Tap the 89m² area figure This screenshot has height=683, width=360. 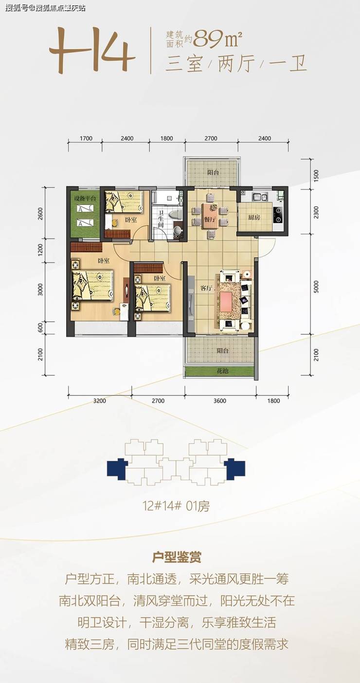217,39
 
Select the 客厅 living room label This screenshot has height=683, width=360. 206,288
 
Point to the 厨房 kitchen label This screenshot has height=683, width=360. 253,218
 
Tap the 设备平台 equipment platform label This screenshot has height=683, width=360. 85,199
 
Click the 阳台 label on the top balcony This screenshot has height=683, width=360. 213,173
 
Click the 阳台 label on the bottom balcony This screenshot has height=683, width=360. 223,351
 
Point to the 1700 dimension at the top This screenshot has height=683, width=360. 86,138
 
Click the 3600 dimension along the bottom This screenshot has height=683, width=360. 219,401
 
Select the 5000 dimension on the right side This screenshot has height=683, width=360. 316,287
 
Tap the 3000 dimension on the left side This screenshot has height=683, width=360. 40,289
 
